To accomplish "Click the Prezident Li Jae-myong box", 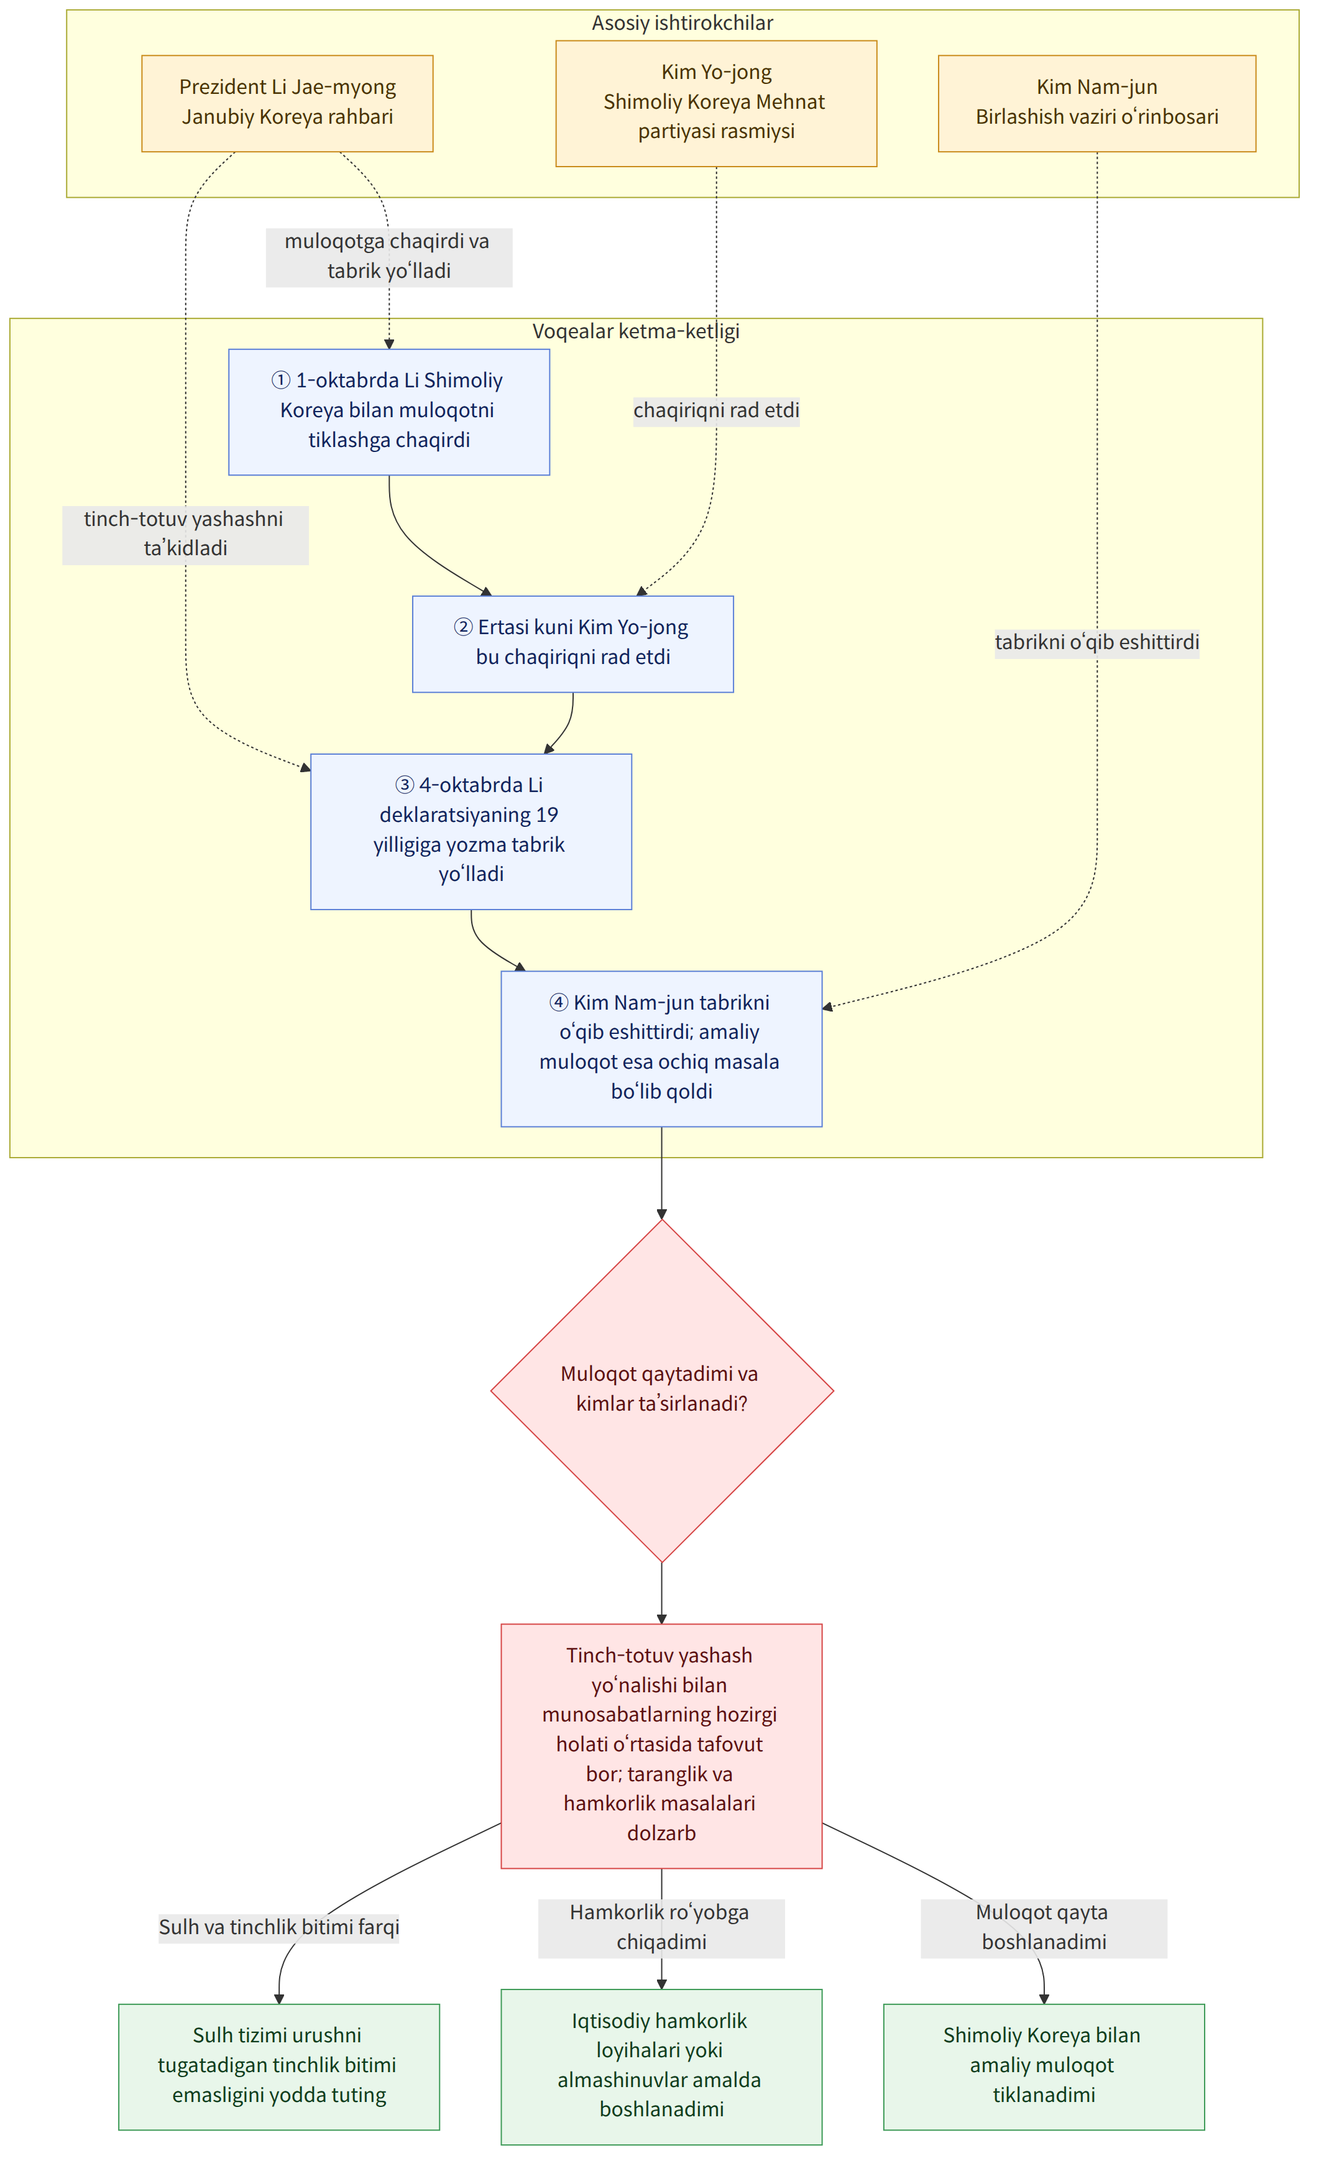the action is pyautogui.click(x=287, y=103).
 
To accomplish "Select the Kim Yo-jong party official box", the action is pyautogui.click(x=716, y=103).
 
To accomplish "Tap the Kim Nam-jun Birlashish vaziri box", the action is pyautogui.click(x=1097, y=103).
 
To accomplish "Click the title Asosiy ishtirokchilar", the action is pyautogui.click(x=682, y=23).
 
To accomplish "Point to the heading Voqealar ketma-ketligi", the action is pyautogui.click(x=635, y=331).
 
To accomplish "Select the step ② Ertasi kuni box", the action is pyautogui.click(x=572, y=644).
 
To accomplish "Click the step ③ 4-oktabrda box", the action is pyautogui.click(x=471, y=831).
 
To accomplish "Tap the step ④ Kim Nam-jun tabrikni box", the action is pyautogui.click(x=662, y=1048).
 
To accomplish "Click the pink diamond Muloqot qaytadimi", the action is pyautogui.click(x=662, y=1391).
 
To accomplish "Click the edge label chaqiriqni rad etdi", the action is pyautogui.click(x=716, y=410).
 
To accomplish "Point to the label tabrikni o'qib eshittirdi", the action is pyautogui.click(x=1097, y=642).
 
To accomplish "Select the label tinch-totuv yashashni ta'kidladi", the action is pyautogui.click(x=185, y=534).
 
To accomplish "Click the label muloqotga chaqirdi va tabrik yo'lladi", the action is pyautogui.click(x=388, y=256).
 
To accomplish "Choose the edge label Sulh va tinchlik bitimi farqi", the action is pyautogui.click(x=279, y=1927).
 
